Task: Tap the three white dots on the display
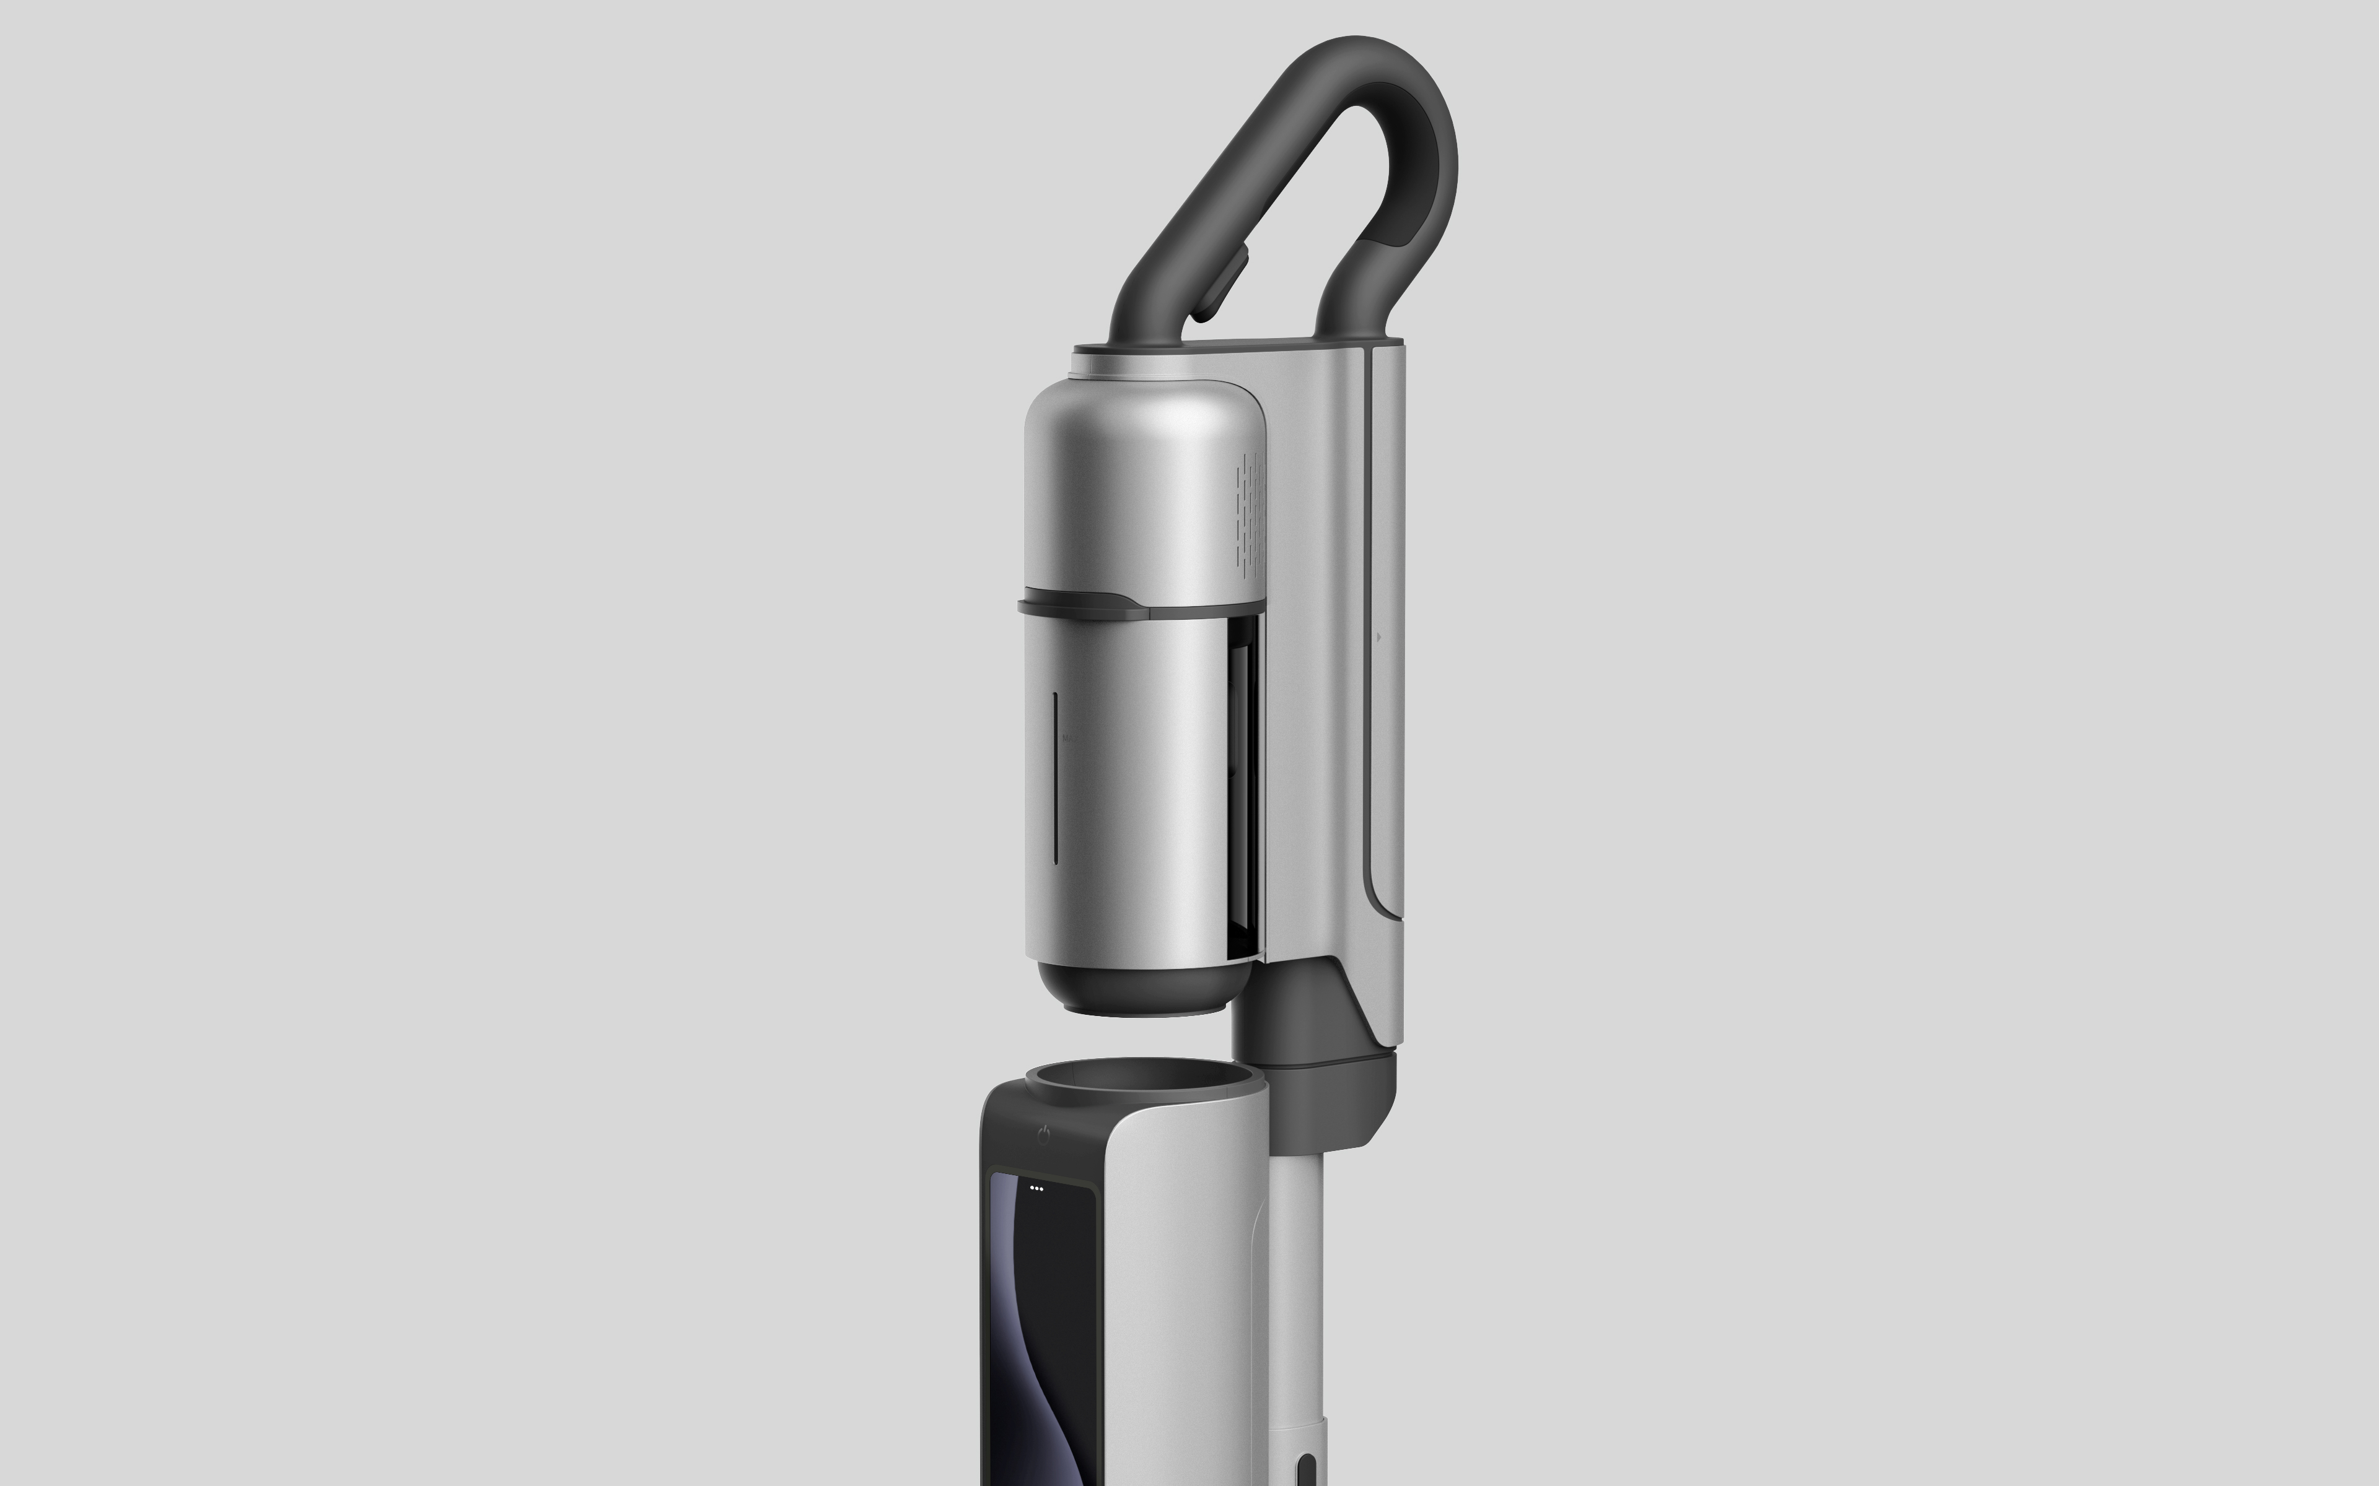coord(1036,1187)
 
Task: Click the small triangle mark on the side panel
coord(1378,637)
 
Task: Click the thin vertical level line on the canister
coord(1055,776)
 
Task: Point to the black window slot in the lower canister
coord(1243,786)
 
